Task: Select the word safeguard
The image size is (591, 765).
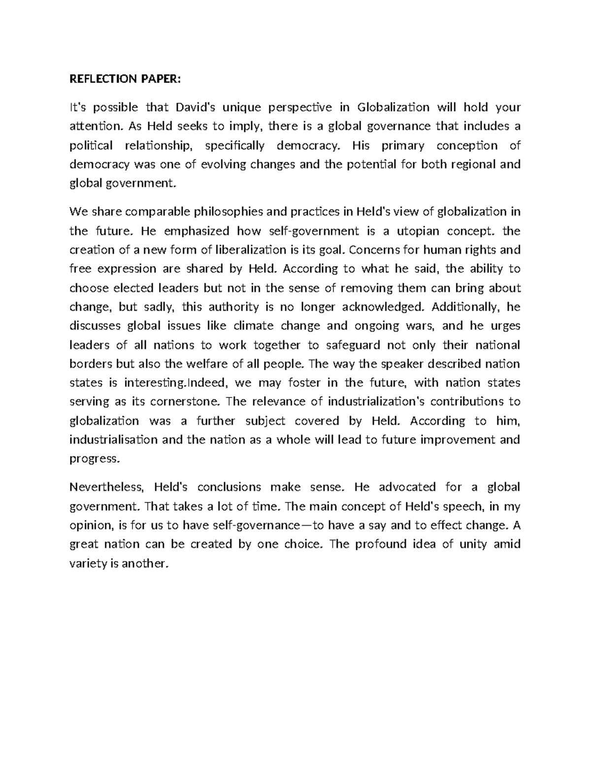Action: click(x=353, y=345)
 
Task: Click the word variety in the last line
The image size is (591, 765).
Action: click(x=87, y=564)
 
